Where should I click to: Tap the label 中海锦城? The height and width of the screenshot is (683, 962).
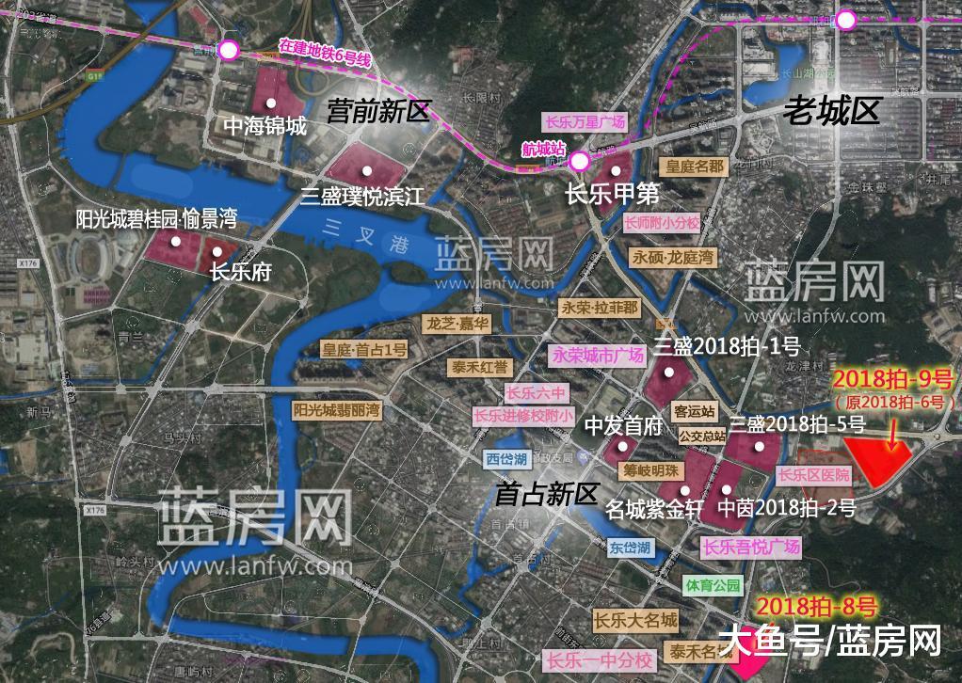click(265, 125)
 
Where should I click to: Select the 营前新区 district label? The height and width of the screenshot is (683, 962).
click(377, 113)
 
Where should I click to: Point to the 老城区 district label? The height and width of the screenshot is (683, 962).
click(832, 112)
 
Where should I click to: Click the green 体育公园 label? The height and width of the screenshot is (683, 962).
click(713, 585)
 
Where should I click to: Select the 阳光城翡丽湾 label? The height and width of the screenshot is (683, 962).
click(336, 410)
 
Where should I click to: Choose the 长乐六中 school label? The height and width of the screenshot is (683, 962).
click(537, 393)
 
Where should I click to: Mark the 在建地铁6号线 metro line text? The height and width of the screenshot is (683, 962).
click(326, 53)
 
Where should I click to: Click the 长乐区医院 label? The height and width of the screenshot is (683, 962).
click(814, 475)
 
